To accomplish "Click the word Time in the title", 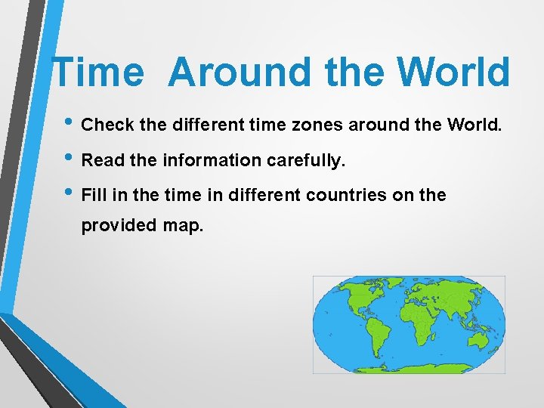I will click(97, 73).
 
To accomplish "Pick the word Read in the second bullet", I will click(100, 160).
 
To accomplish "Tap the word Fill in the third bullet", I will click(94, 195).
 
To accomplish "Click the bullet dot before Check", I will click(69, 124).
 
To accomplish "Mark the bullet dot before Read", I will click(69, 160).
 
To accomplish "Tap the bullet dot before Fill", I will click(69, 195).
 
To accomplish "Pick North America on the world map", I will click(355, 299).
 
